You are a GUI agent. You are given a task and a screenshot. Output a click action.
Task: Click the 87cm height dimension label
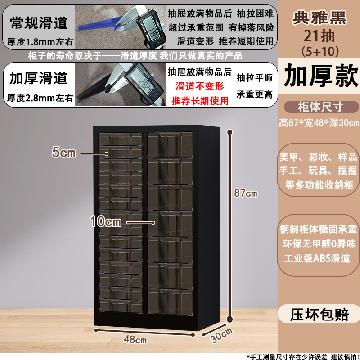[x=246, y=193]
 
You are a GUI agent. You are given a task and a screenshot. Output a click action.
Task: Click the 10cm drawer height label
[x=105, y=221]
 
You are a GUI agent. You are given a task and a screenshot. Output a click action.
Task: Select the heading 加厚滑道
[x=39, y=78]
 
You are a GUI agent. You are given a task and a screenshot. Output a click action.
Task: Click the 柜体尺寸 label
[x=320, y=107]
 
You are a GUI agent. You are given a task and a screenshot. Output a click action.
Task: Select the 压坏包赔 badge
[x=320, y=314]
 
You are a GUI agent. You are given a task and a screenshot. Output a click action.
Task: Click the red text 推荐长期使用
[x=200, y=100]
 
